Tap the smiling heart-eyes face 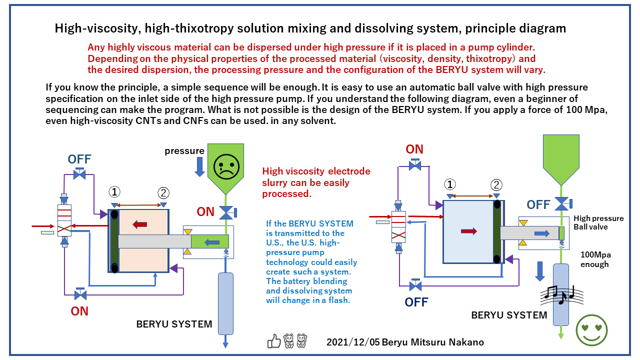[x=592, y=330]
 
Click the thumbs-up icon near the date [x=274, y=341]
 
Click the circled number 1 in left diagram [x=114, y=192]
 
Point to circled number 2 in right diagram [x=496, y=185]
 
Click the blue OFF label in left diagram [x=79, y=159]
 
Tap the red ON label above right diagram [x=414, y=149]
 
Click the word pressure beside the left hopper [x=184, y=150]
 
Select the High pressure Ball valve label [x=598, y=222]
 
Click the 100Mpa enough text [x=595, y=259]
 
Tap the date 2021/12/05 [x=353, y=342]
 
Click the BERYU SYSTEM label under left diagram [x=174, y=324]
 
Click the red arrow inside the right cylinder [x=468, y=231]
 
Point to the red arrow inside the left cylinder [x=139, y=224]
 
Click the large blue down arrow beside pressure [x=199, y=167]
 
